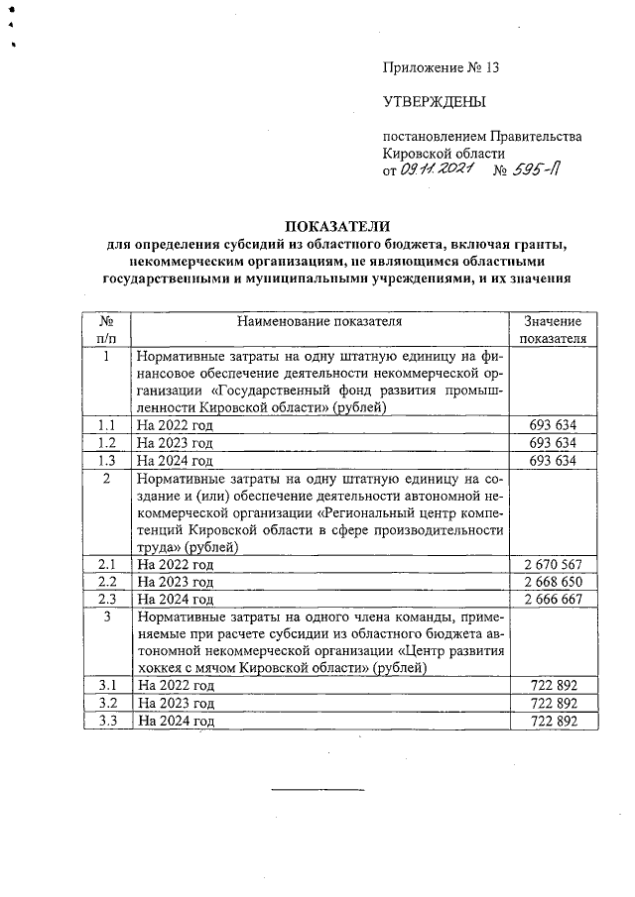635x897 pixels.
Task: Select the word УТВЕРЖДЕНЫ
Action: coord(435,102)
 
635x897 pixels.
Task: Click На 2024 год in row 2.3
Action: coord(176,600)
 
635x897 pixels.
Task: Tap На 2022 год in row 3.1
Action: coord(176,685)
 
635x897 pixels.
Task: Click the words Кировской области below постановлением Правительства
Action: coord(444,154)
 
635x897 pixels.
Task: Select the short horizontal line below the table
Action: coord(318,789)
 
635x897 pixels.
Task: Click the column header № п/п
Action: coord(105,330)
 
